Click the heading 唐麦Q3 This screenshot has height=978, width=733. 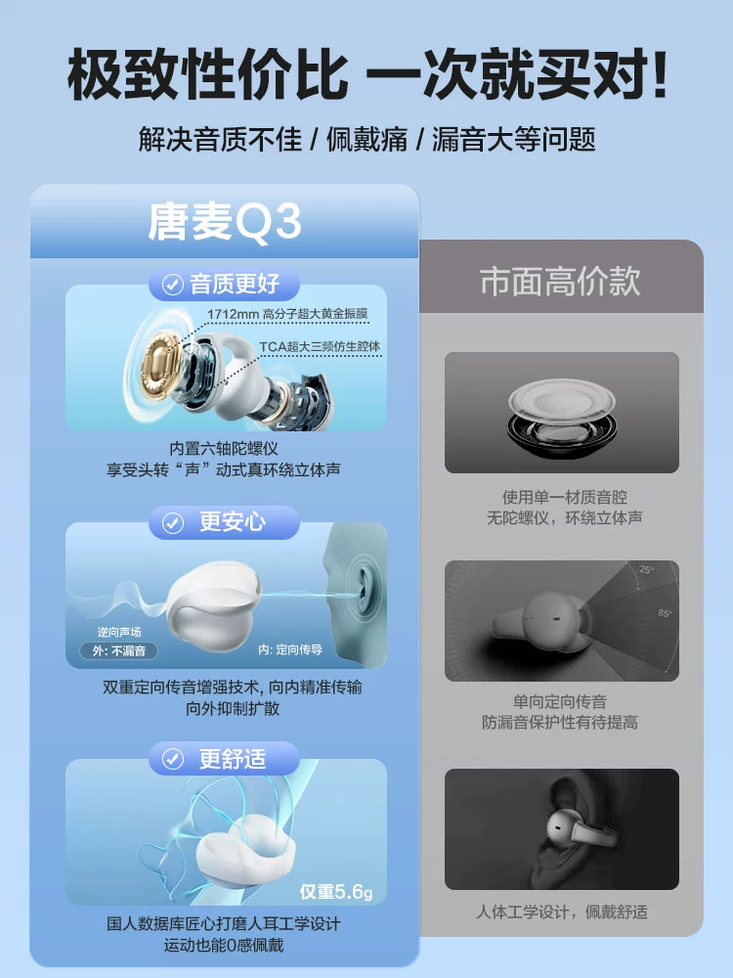(225, 221)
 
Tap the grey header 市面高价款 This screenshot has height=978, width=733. (560, 281)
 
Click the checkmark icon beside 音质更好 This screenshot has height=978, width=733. (173, 285)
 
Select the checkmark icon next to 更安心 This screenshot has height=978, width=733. (173, 522)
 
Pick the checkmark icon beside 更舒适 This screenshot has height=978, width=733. (173, 759)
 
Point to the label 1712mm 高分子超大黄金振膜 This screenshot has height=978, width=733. (287, 314)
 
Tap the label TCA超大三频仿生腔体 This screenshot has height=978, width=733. (320, 346)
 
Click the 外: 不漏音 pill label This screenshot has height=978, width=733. (118, 650)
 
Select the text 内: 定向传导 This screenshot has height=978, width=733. (290, 650)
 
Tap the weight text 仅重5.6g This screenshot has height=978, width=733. (336, 892)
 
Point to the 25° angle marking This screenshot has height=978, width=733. (646, 569)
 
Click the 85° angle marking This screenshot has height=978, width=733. (665, 613)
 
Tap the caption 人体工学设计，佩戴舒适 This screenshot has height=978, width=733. (562, 911)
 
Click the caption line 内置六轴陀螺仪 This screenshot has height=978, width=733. (224, 449)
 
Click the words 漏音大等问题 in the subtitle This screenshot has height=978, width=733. (514, 139)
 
